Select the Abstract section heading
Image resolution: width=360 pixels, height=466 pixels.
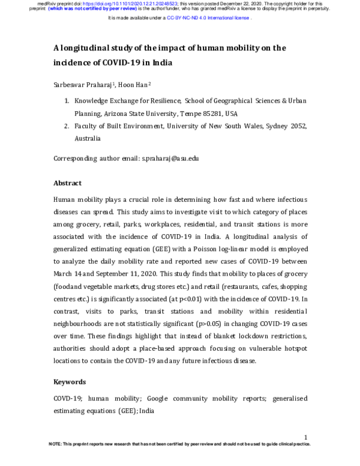pyautogui.click(x=67, y=183)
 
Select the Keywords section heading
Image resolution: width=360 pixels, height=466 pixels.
pyautogui.click(x=70, y=382)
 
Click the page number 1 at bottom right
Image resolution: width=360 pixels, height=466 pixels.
pyautogui.click(x=306, y=437)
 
